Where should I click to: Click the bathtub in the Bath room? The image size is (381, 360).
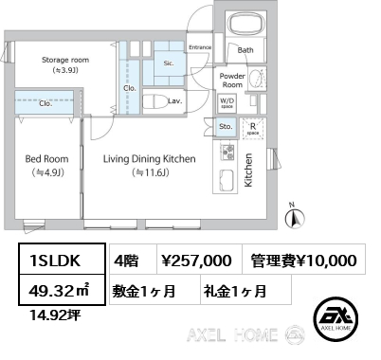(x=245, y=24)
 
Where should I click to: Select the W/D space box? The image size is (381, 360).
(x=227, y=103)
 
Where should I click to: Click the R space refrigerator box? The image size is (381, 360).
(x=253, y=129)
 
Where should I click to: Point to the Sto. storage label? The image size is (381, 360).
(x=226, y=127)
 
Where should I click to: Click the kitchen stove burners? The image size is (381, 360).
(x=227, y=152)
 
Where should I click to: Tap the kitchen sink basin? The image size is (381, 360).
(x=227, y=180)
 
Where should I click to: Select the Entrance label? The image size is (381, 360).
(x=200, y=47)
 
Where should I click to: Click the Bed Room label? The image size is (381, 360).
(x=46, y=159)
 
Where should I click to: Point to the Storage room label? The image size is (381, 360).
(x=65, y=60)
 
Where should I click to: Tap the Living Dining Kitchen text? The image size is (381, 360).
(x=149, y=159)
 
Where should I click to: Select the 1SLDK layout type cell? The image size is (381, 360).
(x=62, y=259)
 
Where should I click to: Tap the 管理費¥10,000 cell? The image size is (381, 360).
(x=303, y=260)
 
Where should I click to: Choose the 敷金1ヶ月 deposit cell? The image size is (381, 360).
(x=154, y=290)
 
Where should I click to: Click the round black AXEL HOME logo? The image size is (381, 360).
(x=336, y=319)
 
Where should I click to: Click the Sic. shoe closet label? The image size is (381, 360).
(x=169, y=63)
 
